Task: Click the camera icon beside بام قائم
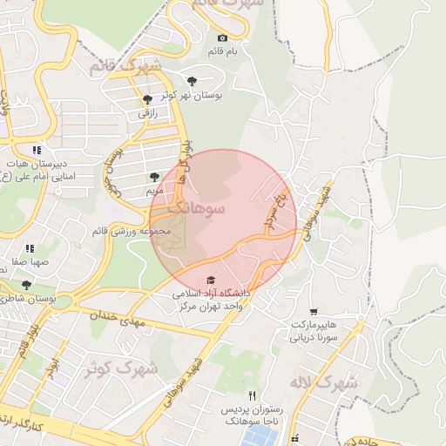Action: (x=222, y=37)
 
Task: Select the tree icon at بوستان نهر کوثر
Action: (x=192, y=81)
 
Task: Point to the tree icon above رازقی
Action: (x=147, y=99)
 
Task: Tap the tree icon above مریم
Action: (x=153, y=176)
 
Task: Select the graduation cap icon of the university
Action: (x=209, y=280)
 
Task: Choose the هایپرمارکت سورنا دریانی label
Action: (x=313, y=330)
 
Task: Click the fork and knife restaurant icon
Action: (x=253, y=395)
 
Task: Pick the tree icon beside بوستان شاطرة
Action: (x=26, y=285)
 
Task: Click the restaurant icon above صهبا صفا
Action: (x=30, y=248)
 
